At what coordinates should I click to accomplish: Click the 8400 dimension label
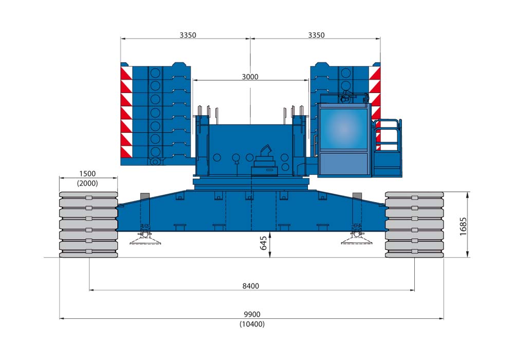(x=251, y=286)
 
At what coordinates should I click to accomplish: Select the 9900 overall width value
(x=252, y=314)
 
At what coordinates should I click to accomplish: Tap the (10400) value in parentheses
(x=252, y=324)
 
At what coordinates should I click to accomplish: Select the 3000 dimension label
(x=250, y=77)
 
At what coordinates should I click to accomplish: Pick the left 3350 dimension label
(x=188, y=35)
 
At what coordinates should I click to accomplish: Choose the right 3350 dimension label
(x=316, y=35)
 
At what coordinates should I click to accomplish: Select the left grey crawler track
(x=88, y=224)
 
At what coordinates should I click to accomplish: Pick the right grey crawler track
(x=414, y=224)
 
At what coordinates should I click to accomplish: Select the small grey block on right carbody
(x=357, y=196)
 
